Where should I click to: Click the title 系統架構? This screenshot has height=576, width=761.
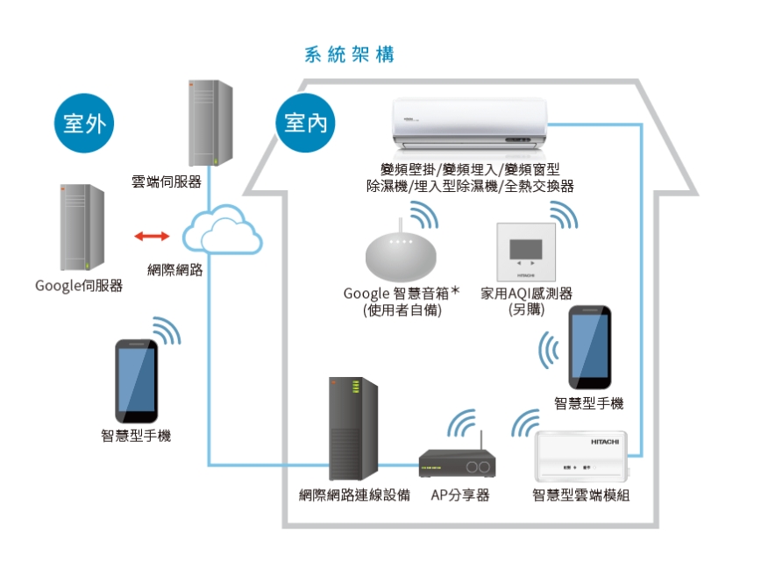coord(348,54)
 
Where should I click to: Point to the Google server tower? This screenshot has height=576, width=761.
coord(81,228)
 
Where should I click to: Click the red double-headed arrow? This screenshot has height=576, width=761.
coord(153,236)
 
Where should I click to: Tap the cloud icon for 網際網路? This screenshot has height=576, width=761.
coord(222,230)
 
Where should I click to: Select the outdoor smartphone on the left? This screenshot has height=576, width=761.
coord(137,380)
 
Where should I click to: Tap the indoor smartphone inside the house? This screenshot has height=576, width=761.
coord(589,348)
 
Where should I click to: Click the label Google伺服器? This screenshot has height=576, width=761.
coord(79,286)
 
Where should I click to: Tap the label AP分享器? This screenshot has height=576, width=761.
coord(459,495)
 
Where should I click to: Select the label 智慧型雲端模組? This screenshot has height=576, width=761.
coord(580,495)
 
